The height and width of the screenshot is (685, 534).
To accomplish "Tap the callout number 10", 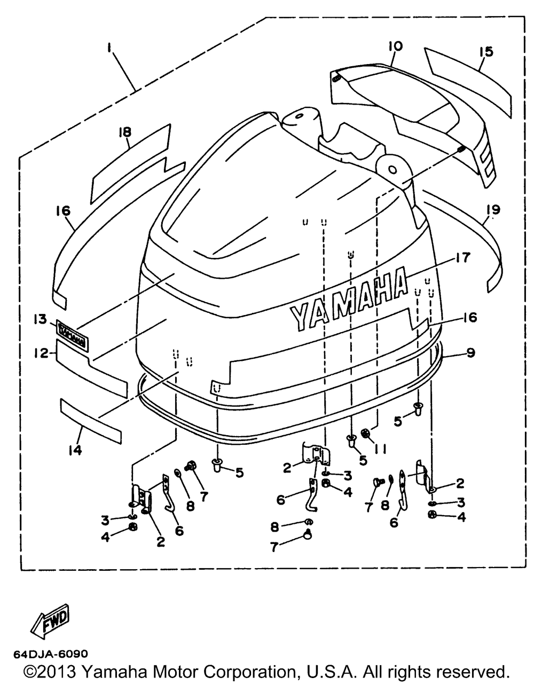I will tap(396, 47).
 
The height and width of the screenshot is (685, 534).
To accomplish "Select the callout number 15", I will tap(486, 52).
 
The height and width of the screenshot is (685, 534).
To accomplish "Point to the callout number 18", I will tap(125, 132).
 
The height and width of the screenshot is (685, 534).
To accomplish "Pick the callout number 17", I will tap(462, 258).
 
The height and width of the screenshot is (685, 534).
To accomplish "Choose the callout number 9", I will tap(470, 353).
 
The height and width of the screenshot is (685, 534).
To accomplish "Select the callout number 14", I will tap(75, 450).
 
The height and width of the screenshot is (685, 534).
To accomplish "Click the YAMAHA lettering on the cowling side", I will tap(347, 302).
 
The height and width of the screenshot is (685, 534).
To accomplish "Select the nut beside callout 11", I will tap(366, 434).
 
